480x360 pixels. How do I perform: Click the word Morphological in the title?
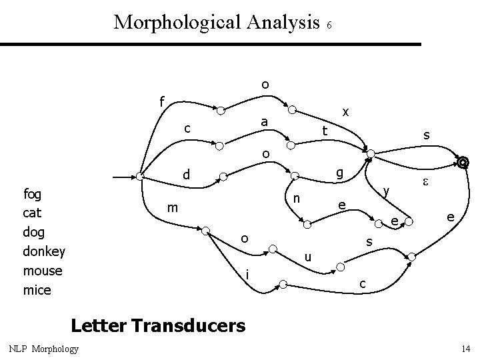pos(176,22)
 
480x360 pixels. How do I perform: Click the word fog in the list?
pos(32,194)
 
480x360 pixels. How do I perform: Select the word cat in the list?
pos(32,213)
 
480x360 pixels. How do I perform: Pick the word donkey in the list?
pos(44,252)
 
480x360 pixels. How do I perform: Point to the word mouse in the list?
pos(42,271)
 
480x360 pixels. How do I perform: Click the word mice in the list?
pos(37,290)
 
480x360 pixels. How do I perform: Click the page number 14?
pos(465,349)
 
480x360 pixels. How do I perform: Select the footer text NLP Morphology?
pos(44,349)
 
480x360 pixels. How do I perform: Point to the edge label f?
pos(161,102)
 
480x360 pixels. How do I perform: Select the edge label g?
pos(339,174)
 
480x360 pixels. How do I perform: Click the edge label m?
pos(171,208)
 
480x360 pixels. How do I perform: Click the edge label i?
pos(247,274)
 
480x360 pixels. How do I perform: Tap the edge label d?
pos(187,175)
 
